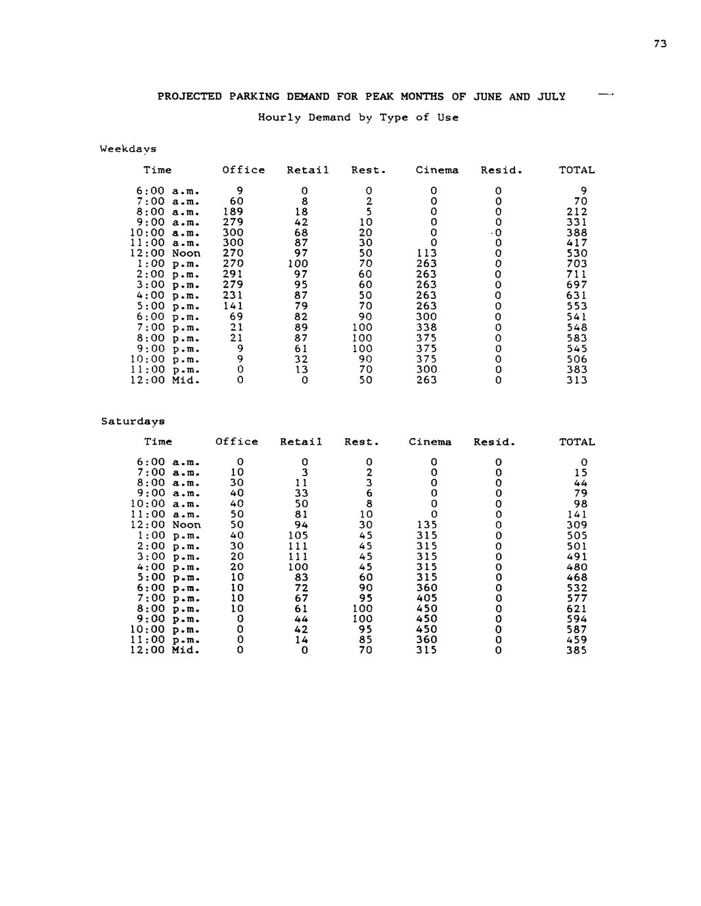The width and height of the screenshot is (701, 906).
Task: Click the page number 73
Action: (x=660, y=43)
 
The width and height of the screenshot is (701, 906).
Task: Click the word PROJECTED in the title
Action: (x=189, y=97)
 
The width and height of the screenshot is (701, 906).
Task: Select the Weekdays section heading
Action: (x=128, y=149)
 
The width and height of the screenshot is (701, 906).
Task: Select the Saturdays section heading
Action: (x=133, y=421)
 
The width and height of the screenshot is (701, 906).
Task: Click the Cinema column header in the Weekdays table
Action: (x=437, y=170)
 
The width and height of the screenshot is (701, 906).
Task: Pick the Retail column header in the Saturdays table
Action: (x=301, y=442)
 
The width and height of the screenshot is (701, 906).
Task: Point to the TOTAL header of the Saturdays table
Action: (x=577, y=442)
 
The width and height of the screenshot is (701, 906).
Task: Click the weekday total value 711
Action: (x=577, y=274)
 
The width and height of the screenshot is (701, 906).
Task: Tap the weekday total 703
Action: (x=577, y=263)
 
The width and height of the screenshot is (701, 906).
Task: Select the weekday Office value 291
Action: (x=233, y=274)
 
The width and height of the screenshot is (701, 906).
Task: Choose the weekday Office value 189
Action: (x=233, y=212)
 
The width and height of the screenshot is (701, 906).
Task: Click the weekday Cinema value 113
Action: (x=426, y=253)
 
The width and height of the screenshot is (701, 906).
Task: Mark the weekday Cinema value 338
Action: (x=426, y=327)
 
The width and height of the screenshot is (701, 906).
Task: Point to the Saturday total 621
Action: (x=577, y=608)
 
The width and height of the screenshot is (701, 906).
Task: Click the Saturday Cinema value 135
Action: (x=426, y=525)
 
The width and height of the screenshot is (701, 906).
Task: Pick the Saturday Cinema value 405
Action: (x=426, y=598)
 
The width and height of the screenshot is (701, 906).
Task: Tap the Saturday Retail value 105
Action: (x=298, y=535)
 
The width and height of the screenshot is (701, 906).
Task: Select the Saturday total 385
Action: (x=577, y=650)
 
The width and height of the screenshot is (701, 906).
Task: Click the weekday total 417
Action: (x=577, y=242)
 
